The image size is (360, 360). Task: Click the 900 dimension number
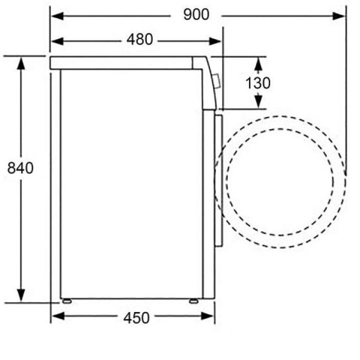tap(196, 14)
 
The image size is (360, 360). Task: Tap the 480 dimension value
tap(140, 40)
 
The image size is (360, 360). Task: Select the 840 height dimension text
tap(20, 168)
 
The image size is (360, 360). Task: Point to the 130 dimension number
tap(258, 83)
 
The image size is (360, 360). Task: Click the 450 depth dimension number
tap(136, 318)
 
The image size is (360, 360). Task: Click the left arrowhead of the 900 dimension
tap(58, 16)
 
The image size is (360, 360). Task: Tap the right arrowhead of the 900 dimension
tap(339, 16)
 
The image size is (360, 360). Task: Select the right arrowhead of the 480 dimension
tap(215, 41)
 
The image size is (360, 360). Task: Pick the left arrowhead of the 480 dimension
tap(58, 41)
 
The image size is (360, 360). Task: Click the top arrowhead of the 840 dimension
tap(21, 64)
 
